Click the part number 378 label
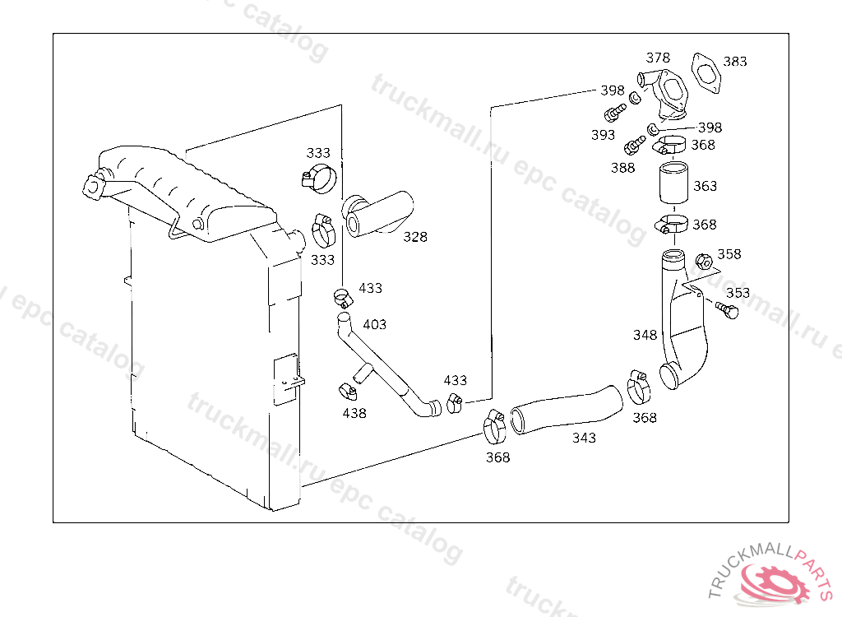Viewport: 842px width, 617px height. tap(658, 58)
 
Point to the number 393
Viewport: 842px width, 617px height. tap(603, 135)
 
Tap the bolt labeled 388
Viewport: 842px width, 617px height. tap(634, 146)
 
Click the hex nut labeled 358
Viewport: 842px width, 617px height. tap(704, 262)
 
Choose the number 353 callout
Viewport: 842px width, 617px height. tap(738, 293)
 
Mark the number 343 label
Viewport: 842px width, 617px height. tap(584, 438)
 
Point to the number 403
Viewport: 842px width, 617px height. tap(374, 324)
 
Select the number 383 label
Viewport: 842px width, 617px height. tap(735, 62)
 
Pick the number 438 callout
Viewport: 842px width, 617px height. tap(354, 413)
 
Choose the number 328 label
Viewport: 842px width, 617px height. tap(415, 237)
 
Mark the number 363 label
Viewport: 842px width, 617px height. tap(705, 186)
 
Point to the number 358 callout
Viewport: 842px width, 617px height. tap(729, 254)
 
